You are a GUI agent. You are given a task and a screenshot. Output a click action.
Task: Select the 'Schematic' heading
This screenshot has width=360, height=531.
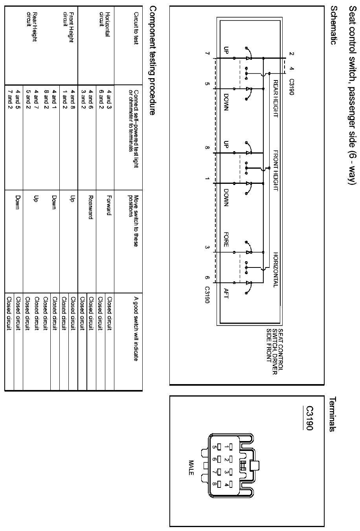(x=334, y=25)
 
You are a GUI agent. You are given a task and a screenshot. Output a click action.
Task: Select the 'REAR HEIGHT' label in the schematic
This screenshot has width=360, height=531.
(x=276, y=98)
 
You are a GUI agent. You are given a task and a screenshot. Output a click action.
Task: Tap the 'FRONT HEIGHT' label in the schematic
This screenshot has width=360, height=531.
(x=276, y=170)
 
